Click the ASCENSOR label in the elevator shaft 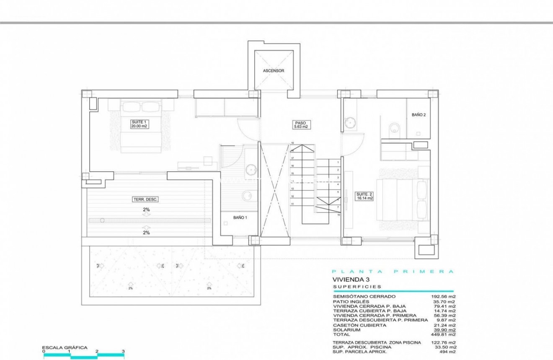pyautogui.click(x=274, y=71)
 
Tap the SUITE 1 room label pyautogui.click(x=139, y=123)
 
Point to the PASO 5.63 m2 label pyautogui.click(x=300, y=124)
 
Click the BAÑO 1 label pyautogui.click(x=240, y=218)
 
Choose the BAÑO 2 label pyautogui.click(x=419, y=114)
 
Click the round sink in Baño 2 pyautogui.click(x=350, y=122)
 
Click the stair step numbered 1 pyautogui.click(x=338, y=162)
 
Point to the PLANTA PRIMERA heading pyautogui.click(x=393, y=272)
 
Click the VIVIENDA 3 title pyautogui.click(x=351, y=279)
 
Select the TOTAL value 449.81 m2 pyautogui.click(x=444, y=335)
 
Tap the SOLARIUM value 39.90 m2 pyautogui.click(x=444, y=330)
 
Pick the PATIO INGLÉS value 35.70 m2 pyautogui.click(x=444, y=301)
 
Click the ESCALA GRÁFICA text pyautogui.click(x=65, y=347)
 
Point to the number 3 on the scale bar pyautogui.click(x=123, y=351)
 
